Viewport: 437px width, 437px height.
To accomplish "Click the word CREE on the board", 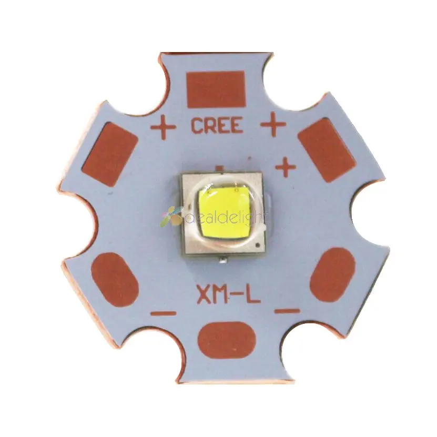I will click(x=217, y=126).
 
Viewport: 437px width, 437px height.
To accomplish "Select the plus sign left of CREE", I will click(x=163, y=126).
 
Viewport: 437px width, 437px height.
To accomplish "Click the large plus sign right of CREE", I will click(x=273, y=125).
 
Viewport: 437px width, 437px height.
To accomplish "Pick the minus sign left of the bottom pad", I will click(x=164, y=313).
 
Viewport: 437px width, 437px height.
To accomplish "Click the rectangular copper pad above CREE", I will click(x=216, y=89).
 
